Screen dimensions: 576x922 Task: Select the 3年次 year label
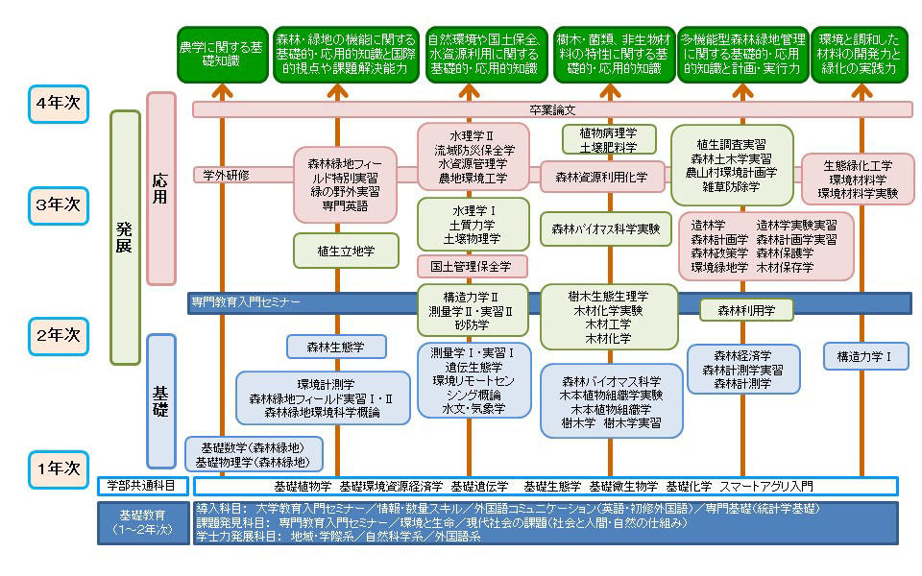click(x=58, y=205)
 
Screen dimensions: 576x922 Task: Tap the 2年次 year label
click(x=58, y=335)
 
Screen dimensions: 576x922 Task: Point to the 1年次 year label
click(x=58, y=468)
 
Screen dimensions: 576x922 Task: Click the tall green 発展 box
click(x=125, y=237)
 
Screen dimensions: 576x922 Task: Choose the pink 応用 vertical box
click(x=160, y=187)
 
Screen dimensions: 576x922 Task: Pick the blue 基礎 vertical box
click(x=160, y=399)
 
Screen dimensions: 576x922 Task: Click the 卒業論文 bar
click(x=552, y=109)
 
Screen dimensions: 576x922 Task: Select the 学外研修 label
click(x=227, y=175)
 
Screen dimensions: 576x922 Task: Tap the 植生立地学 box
click(x=333, y=250)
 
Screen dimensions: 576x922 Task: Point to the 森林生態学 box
click(x=336, y=347)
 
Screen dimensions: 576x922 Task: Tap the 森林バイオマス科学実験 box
click(x=605, y=228)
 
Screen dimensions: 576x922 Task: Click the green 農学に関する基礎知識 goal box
click(x=221, y=54)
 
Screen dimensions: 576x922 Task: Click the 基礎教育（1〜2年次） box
click(x=144, y=522)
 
